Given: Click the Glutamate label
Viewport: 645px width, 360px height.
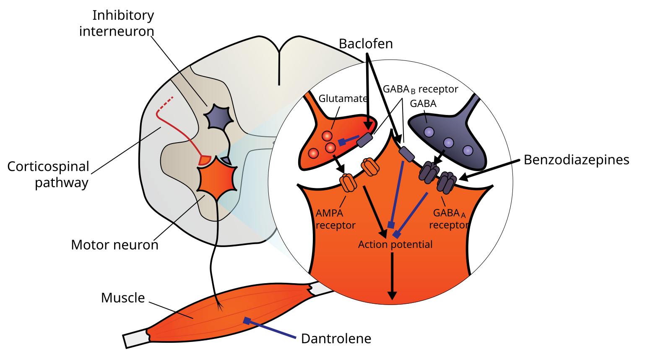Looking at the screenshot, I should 343,99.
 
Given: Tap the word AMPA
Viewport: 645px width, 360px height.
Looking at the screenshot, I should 329,213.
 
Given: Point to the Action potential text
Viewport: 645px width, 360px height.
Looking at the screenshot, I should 395,245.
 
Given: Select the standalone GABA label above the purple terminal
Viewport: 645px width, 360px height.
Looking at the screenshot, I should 423,104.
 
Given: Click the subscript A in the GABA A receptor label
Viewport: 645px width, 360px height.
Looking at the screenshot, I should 463,216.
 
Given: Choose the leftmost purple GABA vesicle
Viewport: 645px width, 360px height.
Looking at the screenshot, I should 429,132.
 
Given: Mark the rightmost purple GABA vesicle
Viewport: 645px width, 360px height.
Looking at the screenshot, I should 468,150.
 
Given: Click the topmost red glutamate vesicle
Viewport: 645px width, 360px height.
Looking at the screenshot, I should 327,136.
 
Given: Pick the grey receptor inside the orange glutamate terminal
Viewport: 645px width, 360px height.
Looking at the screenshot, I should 364,140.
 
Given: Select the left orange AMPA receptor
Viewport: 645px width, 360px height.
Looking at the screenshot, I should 348,183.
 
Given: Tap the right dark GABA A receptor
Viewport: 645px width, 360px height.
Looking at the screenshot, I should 447,183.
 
